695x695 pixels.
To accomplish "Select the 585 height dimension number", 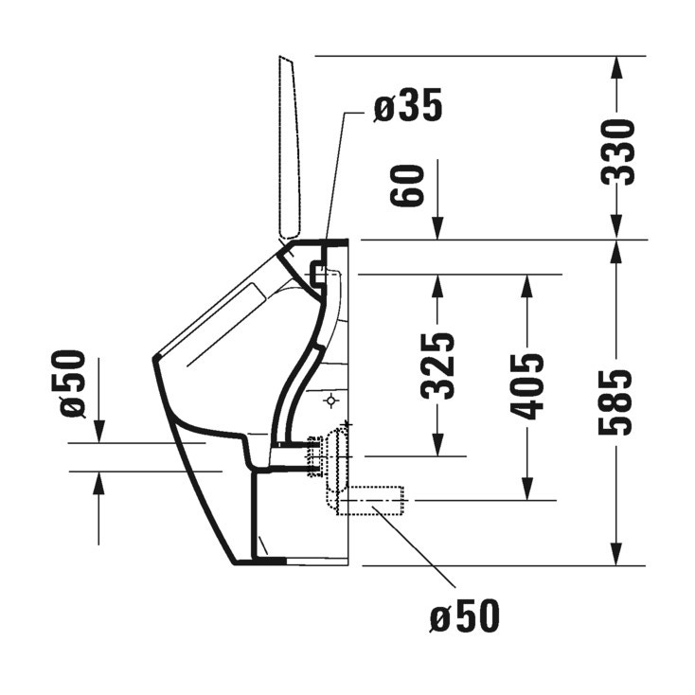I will point(616,401).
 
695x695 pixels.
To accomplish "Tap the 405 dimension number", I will point(528,386).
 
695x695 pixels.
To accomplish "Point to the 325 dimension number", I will point(437,365).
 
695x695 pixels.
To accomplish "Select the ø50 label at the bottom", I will point(463,617).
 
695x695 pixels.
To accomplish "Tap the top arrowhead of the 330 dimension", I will point(616,66).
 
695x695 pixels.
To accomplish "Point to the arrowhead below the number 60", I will point(438,230).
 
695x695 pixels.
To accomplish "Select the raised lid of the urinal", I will point(290,147).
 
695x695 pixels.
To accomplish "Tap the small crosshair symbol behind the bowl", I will point(330,401).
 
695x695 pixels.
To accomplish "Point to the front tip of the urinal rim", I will point(154,359).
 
